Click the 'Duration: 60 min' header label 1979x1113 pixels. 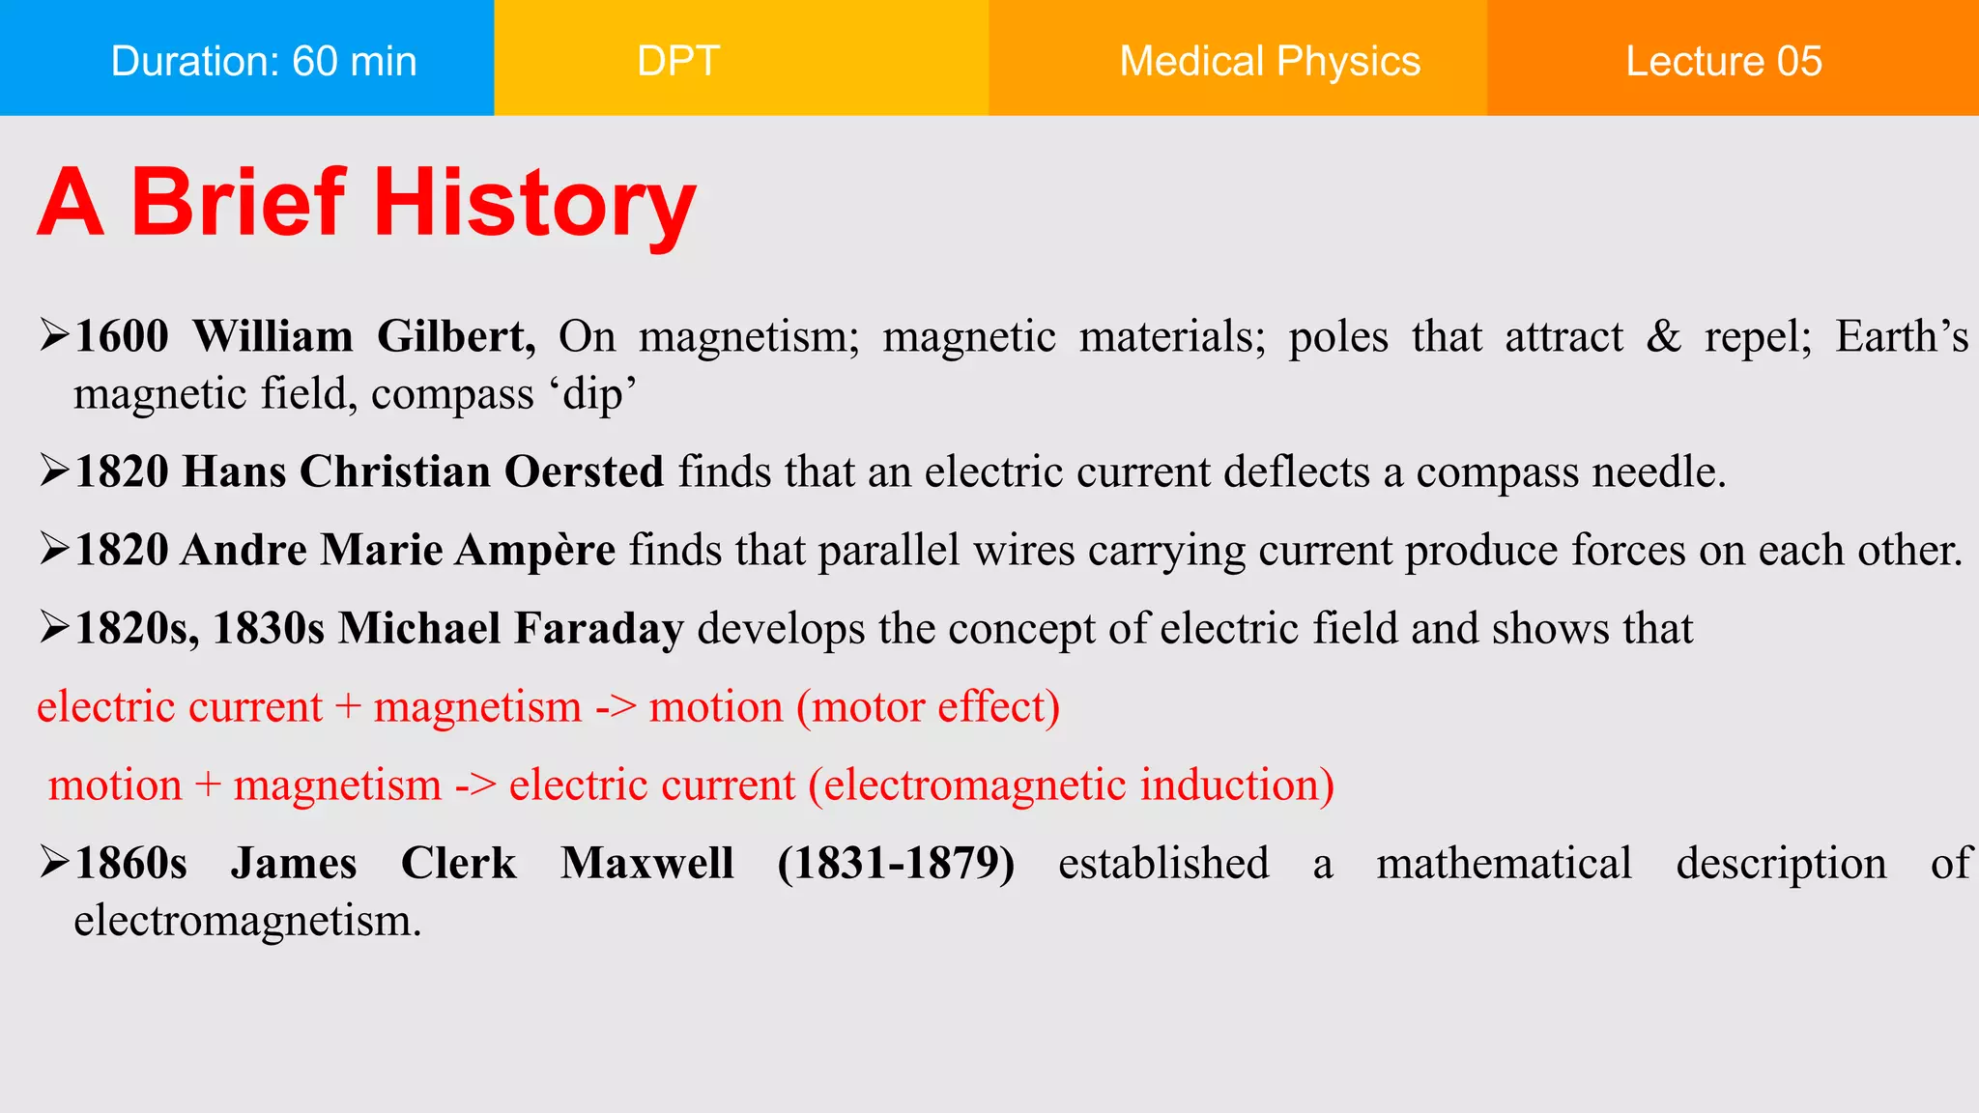[264, 61]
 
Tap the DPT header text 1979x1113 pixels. [678, 61]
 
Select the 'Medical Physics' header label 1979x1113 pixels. [1270, 61]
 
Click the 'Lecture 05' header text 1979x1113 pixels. [1724, 61]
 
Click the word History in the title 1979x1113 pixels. [534, 204]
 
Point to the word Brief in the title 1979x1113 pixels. [238, 202]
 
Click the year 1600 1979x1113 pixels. [122, 336]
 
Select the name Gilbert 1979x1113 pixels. [456, 336]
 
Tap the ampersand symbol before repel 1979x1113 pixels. [1663, 336]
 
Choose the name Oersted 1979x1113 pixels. [584, 471]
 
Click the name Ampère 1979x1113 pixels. [535, 550]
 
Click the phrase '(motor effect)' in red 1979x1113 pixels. [928, 706]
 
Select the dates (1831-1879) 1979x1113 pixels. [896, 863]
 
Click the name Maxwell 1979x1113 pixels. [647, 863]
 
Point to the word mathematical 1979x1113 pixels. [1504, 863]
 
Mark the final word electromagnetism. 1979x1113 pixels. [247, 921]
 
